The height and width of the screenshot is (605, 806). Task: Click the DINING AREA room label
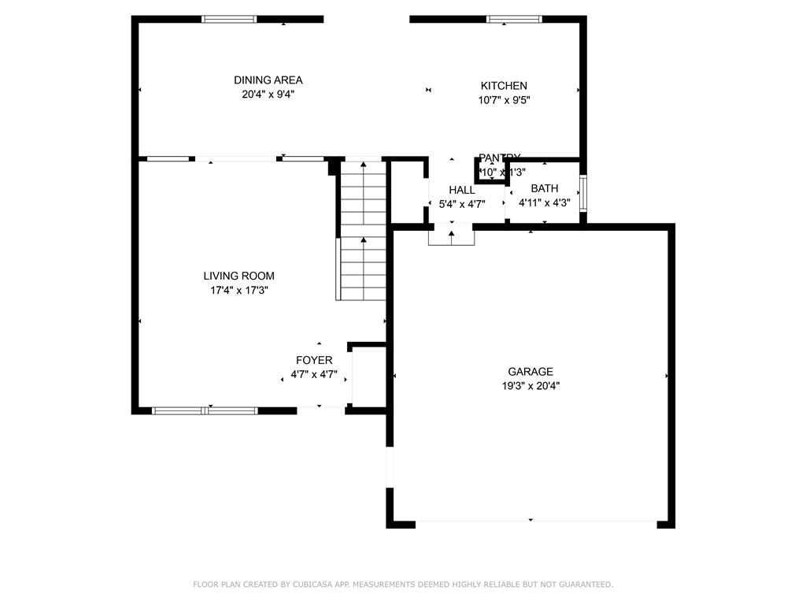(268, 80)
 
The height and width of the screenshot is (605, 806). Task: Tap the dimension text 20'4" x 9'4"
(268, 95)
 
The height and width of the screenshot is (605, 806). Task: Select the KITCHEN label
(504, 86)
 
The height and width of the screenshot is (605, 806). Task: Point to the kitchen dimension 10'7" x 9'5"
(504, 100)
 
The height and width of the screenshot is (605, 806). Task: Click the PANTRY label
(499, 158)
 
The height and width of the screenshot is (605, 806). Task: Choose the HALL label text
(462, 190)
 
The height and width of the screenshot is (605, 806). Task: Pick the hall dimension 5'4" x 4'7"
(462, 203)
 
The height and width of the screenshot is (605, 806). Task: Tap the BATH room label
(544, 188)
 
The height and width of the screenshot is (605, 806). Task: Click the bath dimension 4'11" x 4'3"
(544, 202)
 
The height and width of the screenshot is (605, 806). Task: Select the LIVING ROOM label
(238, 276)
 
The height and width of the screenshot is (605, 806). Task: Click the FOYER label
(314, 360)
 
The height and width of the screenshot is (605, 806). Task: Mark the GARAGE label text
(530, 372)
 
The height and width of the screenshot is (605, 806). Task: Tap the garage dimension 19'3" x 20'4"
(530, 386)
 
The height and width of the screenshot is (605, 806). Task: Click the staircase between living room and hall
(363, 232)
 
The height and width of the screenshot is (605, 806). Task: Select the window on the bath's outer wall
(583, 193)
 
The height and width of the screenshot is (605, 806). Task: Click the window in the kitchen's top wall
(514, 19)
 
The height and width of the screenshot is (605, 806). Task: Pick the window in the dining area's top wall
(229, 19)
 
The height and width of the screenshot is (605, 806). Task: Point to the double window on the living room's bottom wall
(205, 410)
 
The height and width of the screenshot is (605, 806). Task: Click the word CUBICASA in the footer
(313, 585)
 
